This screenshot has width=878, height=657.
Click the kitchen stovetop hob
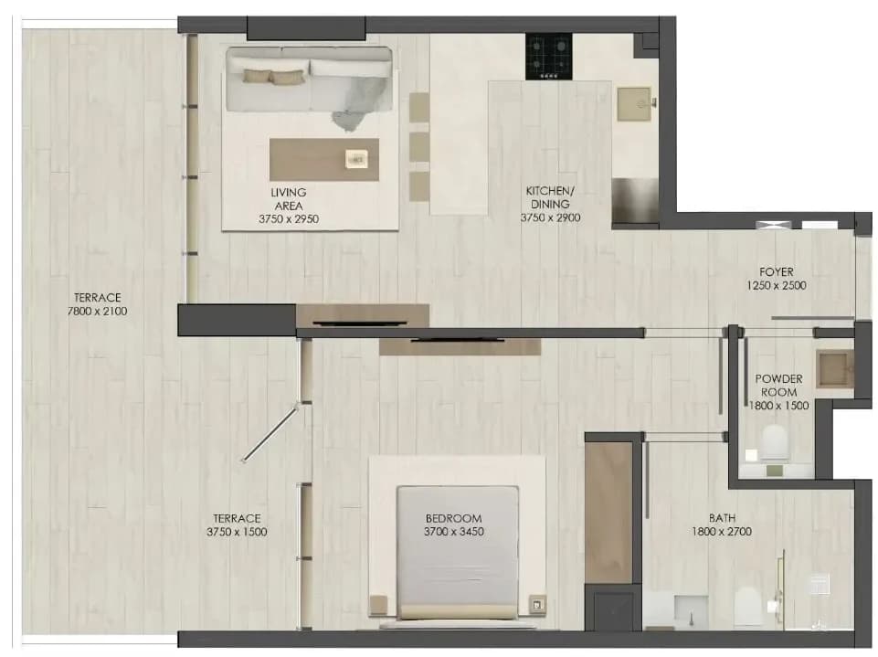click(x=548, y=56)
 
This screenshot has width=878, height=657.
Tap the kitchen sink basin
click(x=634, y=103)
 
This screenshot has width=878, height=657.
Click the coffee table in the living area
click(x=323, y=160)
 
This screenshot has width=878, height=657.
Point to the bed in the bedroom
click(x=458, y=553)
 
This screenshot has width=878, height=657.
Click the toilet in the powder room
click(x=775, y=442)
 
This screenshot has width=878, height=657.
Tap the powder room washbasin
click(x=835, y=369)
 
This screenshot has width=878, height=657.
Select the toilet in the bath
click(x=747, y=607)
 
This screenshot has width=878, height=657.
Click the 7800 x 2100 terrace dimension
click(x=98, y=311)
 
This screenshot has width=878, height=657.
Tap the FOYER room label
click(x=776, y=271)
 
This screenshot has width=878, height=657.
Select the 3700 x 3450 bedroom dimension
click(x=453, y=532)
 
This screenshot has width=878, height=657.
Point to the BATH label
click(x=722, y=518)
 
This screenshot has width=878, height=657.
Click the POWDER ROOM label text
click(x=778, y=386)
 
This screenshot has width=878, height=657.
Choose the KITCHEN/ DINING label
click(x=550, y=197)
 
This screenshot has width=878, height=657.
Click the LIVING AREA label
click(x=289, y=199)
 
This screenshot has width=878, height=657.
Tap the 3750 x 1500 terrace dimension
click(x=237, y=532)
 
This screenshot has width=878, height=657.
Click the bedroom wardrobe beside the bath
click(x=608, y=513)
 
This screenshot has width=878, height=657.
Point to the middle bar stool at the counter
click(x=418, y=147)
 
